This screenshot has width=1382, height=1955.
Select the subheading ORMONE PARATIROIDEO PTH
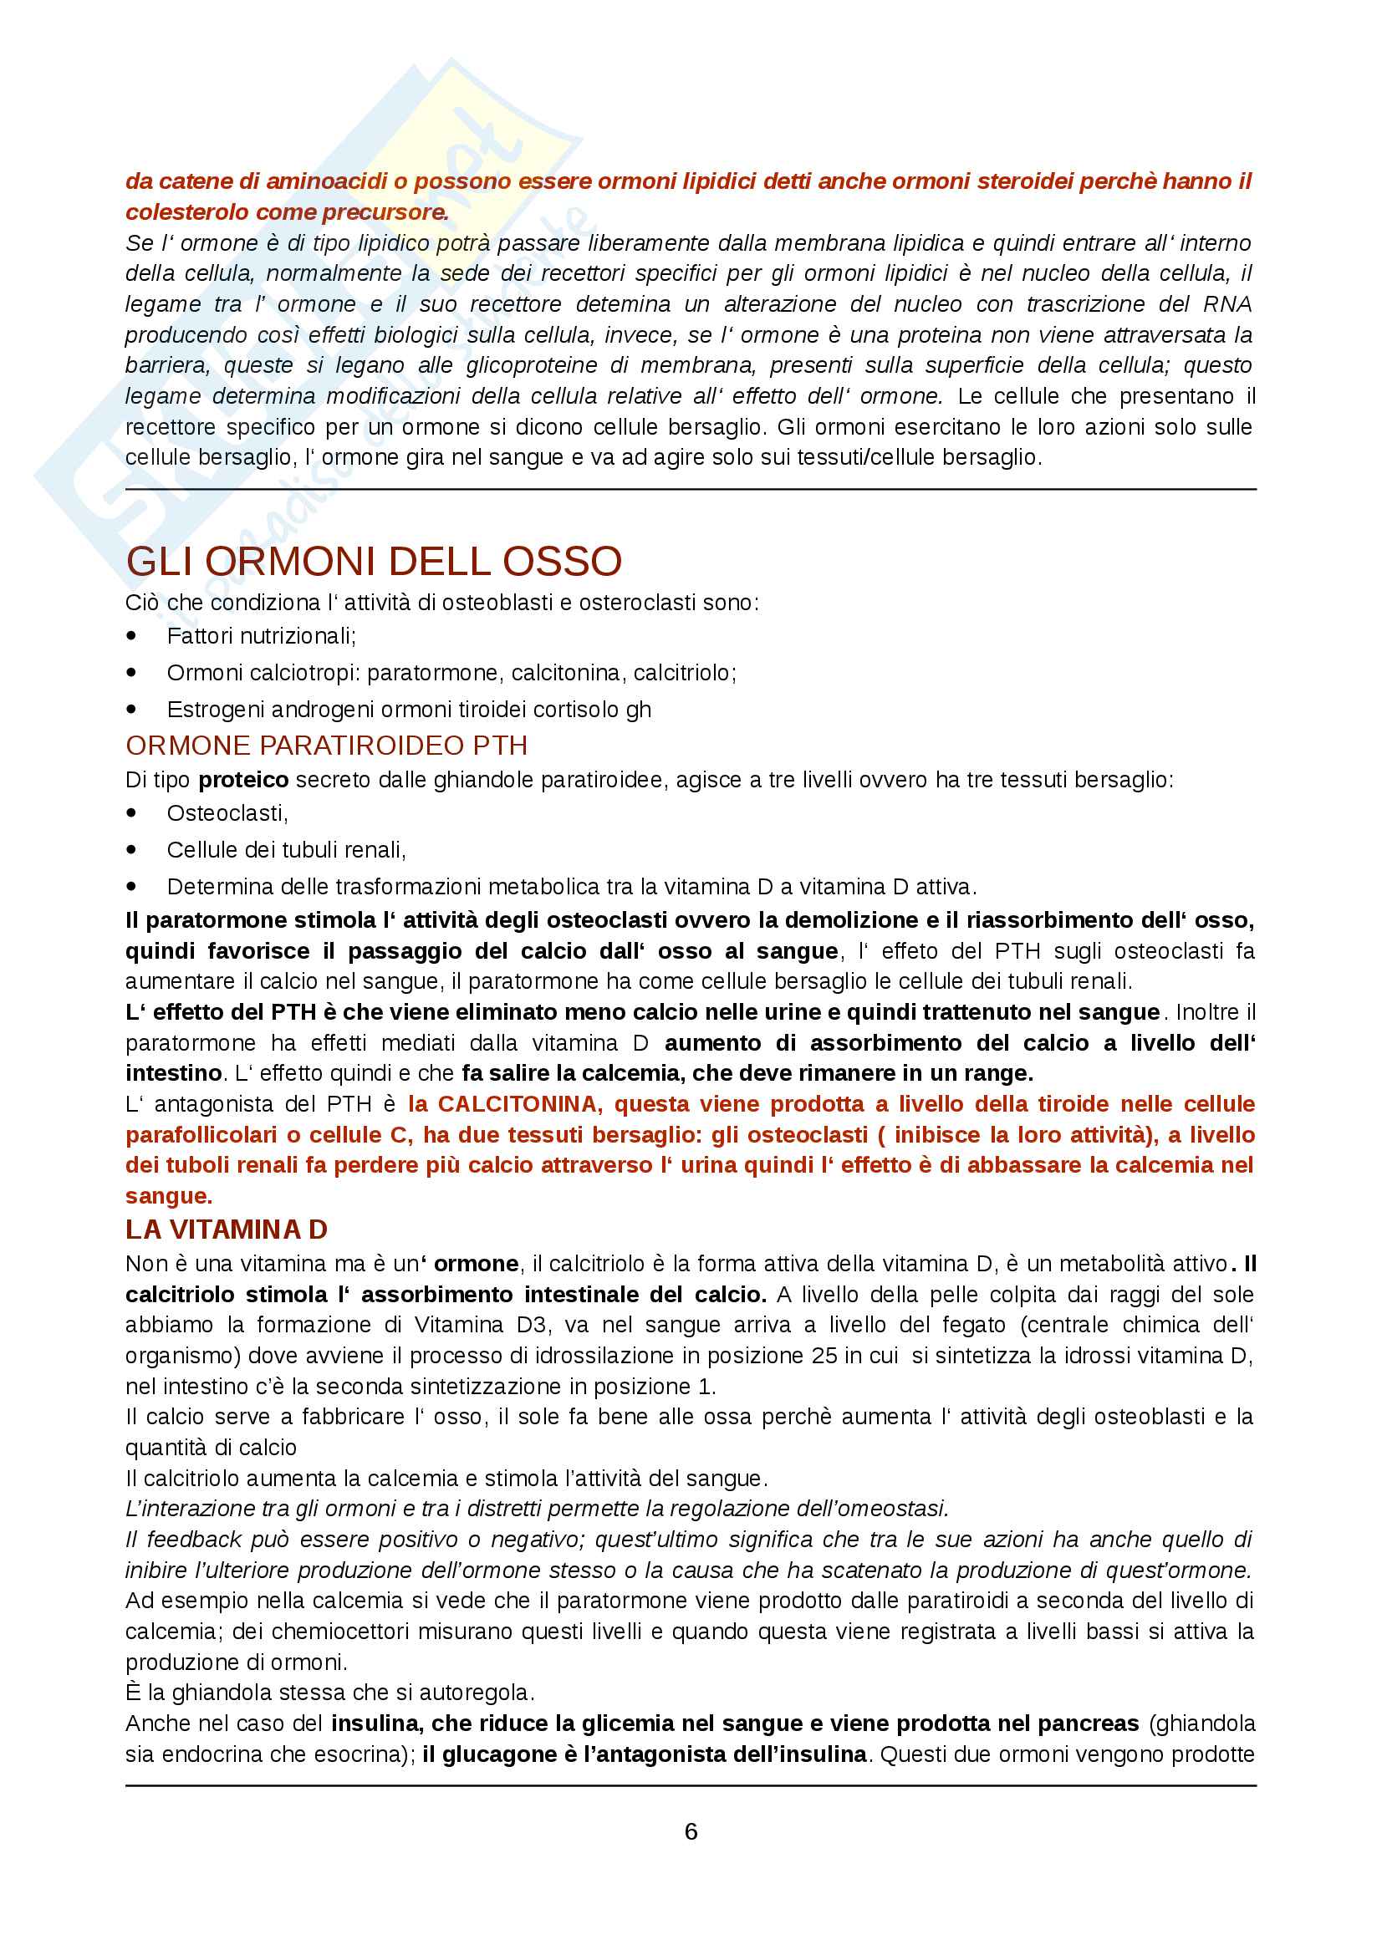pos(326,746)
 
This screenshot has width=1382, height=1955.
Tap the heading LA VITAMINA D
pos(227,1230)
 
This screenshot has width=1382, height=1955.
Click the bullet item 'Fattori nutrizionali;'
pos(262,636)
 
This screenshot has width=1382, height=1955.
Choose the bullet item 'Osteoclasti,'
pos(227,813)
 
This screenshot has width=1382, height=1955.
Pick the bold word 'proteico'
pos(243,780)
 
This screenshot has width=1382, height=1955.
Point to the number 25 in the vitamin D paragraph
pos(824,1356)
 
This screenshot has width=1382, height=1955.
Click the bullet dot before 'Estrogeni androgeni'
pos(131,710)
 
